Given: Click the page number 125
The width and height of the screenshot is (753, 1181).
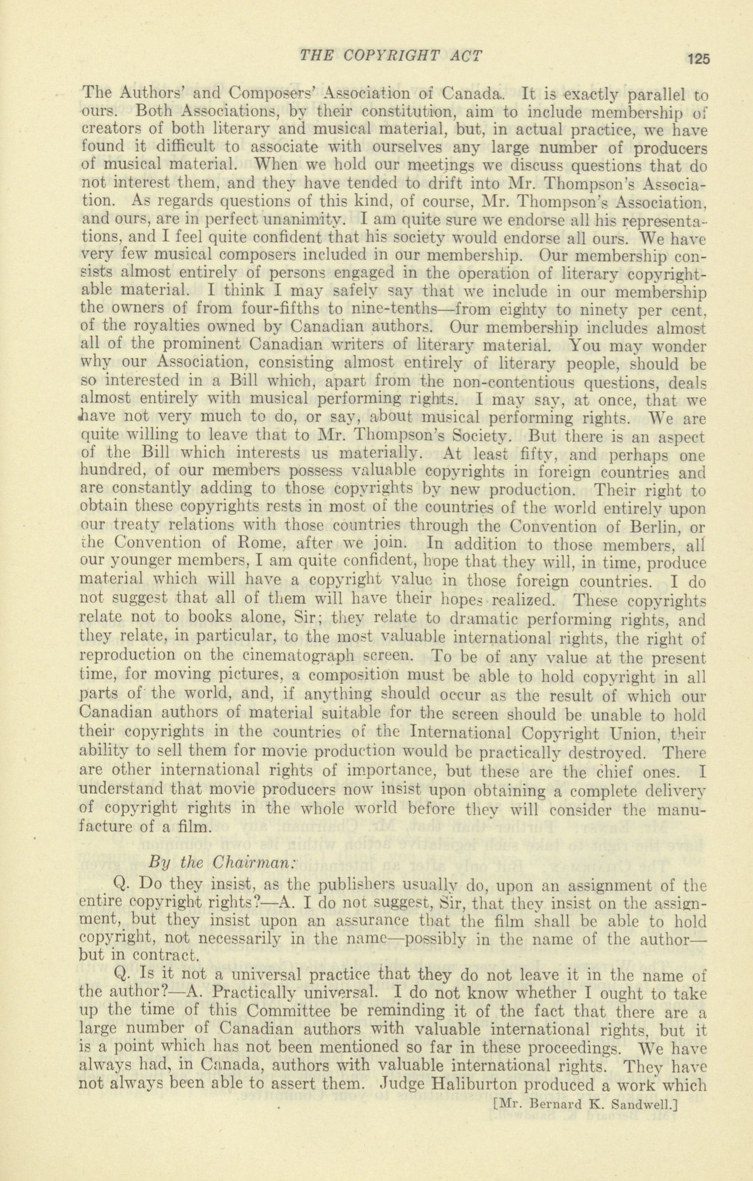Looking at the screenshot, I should coord(698,59).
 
